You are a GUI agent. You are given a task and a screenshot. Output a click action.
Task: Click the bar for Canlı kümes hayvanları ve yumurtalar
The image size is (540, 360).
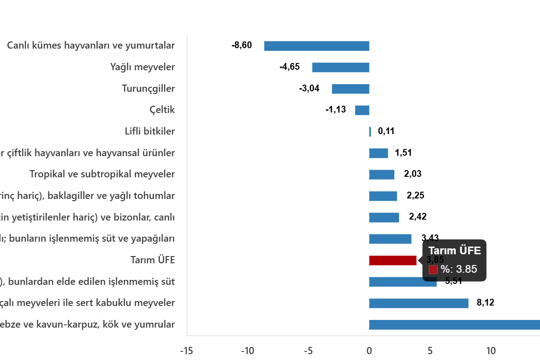[x=316, y=46]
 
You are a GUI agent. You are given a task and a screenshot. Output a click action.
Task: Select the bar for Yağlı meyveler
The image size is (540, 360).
[x=341, y=67]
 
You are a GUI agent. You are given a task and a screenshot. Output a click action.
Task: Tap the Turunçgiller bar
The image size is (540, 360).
[x=350, y=89]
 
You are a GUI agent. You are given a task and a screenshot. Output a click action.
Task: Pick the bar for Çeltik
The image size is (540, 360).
[x=362, y=110]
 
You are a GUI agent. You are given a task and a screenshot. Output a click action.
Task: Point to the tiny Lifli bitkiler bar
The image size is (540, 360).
[x=370, y=132]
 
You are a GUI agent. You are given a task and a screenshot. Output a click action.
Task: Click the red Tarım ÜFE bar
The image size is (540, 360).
[x=392, y=261]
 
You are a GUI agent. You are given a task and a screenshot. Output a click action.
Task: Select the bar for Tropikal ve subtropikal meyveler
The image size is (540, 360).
[x=382, y=175]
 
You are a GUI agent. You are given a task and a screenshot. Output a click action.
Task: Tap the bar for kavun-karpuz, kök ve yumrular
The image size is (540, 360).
[x=454, y=325]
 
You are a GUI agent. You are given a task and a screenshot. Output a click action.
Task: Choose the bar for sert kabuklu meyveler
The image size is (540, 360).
[x=418, y=303]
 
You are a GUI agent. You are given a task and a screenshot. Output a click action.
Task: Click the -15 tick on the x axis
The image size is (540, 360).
[x=186, y=351]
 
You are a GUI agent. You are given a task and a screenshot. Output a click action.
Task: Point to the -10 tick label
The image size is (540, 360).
[x=247, y=351]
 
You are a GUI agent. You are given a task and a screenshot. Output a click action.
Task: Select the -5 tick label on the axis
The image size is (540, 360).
[x=308, y=351]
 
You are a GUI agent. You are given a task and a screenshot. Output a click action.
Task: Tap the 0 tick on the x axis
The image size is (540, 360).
[x=369, y=351]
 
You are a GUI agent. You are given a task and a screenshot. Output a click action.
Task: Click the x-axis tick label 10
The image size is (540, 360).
[x=490, y=351]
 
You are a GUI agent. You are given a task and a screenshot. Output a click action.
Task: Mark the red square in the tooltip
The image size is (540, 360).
[x=433, y=270]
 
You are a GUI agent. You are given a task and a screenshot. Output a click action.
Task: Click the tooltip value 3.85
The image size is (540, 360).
[x=466, y=270]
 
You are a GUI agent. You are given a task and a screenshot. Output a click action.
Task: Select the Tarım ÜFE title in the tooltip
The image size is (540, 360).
[x=454, y=251]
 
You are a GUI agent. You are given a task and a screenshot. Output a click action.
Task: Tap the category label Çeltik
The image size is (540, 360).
[x=162, y=110]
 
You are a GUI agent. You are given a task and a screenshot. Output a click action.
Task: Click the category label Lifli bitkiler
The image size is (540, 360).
[x=149, y=131]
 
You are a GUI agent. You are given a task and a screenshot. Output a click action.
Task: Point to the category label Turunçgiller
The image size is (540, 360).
[x=148, y=89]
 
